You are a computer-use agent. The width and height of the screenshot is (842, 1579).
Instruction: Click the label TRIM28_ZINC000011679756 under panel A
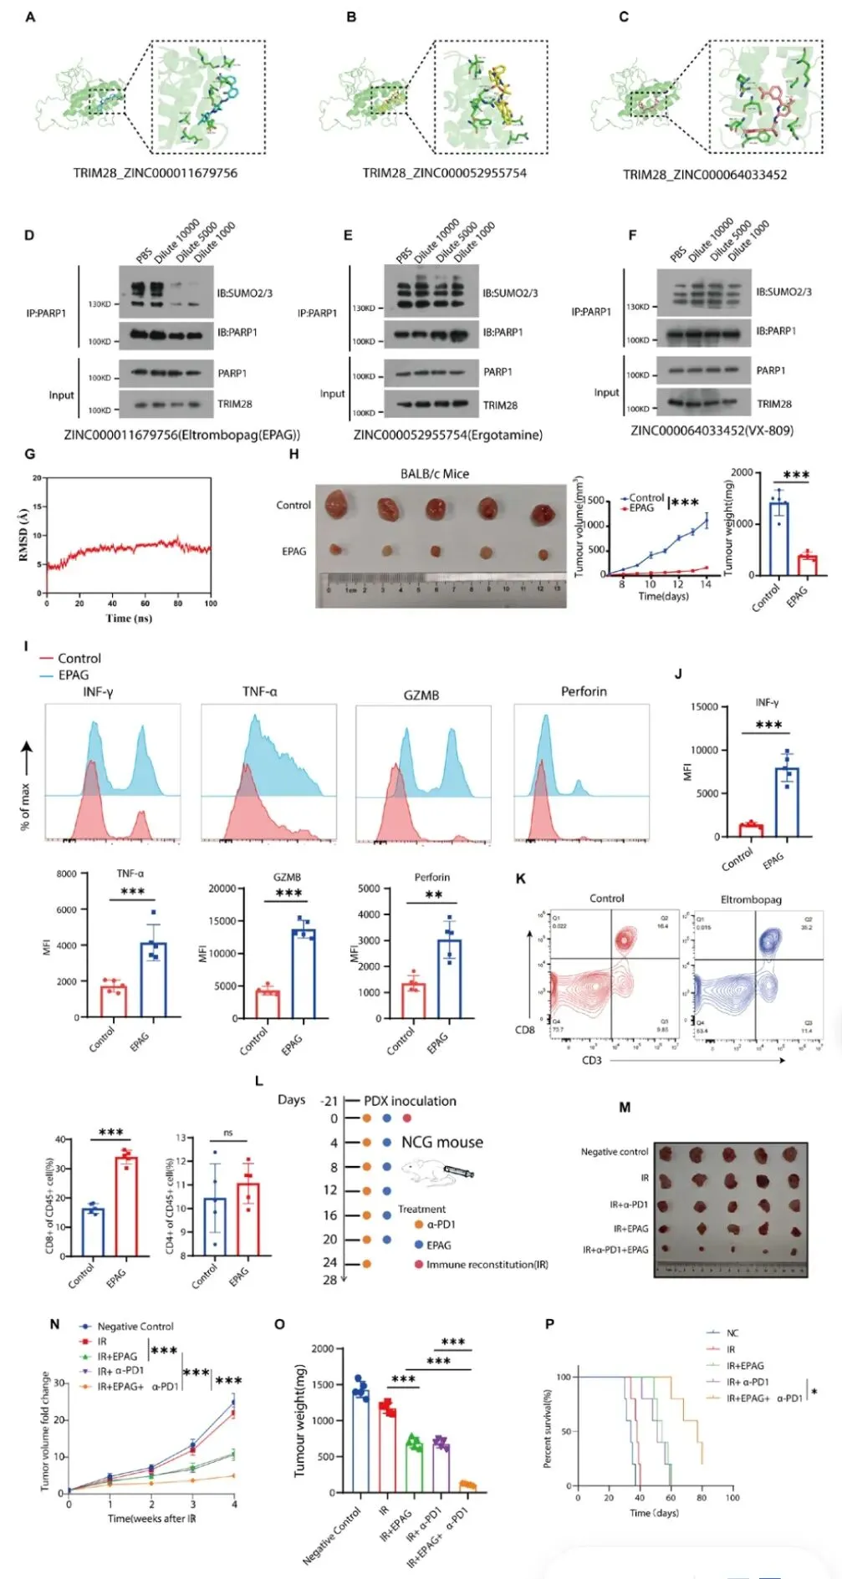point(155,173)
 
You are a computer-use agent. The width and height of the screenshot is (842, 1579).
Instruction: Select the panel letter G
point(30,454)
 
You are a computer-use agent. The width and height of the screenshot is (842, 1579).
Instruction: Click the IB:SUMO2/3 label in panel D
point(244,293)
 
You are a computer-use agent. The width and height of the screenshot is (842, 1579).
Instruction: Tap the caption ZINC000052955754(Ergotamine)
point(447,435)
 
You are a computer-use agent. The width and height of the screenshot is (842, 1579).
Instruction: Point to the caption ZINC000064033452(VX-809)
point(712,430)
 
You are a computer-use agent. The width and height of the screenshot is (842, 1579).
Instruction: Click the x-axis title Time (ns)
point(128,618)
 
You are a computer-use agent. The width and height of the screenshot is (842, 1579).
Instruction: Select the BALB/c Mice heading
point(434,474)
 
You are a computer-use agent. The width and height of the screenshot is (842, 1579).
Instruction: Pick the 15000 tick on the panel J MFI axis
point(704,707)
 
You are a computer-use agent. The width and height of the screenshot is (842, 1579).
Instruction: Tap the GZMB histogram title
point(421,695)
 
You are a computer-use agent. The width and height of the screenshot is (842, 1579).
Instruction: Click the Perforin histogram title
point(584,691)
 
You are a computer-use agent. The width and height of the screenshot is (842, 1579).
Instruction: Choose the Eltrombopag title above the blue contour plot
point(751,899)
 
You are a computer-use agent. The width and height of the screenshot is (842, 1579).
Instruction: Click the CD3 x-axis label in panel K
point(592,1061)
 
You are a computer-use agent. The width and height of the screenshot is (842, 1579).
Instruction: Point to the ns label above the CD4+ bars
point(227,1133)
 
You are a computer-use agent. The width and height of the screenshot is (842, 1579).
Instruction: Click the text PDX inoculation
point(410,1101)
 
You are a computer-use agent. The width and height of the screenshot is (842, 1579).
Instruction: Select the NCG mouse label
point(441,1143)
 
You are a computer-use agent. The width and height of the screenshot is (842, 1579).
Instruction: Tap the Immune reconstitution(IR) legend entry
point(487,1265)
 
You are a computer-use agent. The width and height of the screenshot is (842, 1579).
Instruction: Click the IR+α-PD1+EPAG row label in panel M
point(615,1250)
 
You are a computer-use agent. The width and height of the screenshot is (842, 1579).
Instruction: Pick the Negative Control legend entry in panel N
point(135,1327)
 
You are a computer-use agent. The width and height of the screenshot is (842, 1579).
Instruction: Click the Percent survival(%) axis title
point(548,1429)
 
